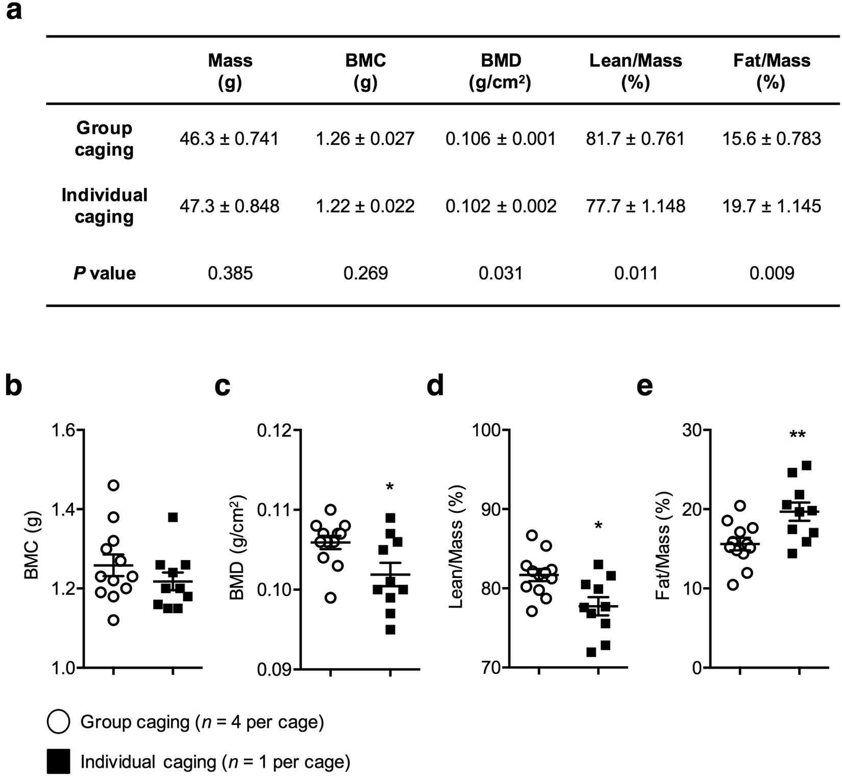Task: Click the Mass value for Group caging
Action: [229, 139]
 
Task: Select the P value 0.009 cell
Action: [772, 274]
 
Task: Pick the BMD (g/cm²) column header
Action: [501, 71]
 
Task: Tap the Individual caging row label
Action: [105, 206]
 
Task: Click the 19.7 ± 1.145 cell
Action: [772, 206]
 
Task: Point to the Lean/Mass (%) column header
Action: [635, 71]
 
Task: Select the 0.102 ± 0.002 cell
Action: [501, 206]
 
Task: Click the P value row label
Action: [105, 274]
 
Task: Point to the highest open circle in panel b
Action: [114, 485]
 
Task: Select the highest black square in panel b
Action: [173, 517]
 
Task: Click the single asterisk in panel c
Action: [390, 488]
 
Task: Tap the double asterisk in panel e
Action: [798, 435]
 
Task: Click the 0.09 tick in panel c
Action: [274, 668]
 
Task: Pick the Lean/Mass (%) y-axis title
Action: [456, 549]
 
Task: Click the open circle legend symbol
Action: [58, 722]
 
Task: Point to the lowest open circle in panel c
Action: [331, 598]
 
